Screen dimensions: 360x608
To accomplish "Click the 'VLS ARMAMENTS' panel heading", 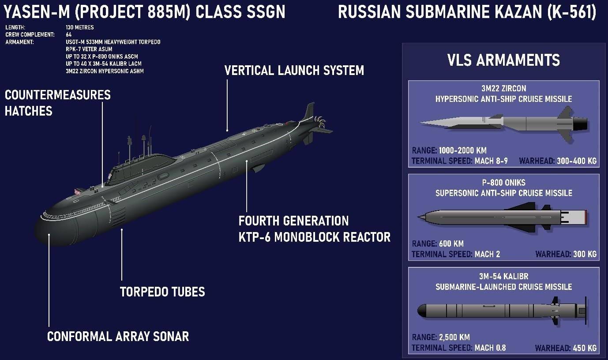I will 503,60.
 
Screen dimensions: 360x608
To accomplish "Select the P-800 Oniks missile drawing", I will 503,216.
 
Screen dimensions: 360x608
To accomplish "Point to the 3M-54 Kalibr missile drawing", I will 503,311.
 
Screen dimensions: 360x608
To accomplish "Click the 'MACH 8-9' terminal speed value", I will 491,161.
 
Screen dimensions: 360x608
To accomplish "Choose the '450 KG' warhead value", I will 585,348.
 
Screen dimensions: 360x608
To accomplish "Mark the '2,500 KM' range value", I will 454,337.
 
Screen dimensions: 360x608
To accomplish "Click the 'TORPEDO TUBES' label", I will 162,292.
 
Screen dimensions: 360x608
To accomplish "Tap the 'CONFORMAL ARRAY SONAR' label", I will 118,337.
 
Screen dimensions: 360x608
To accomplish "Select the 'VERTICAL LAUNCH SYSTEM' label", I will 294,71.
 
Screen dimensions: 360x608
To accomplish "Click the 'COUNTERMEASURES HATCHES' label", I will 57,103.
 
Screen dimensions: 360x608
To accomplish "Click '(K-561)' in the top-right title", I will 570,12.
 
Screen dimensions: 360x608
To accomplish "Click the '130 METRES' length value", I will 80,27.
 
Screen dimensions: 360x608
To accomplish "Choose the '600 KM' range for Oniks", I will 451,244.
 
